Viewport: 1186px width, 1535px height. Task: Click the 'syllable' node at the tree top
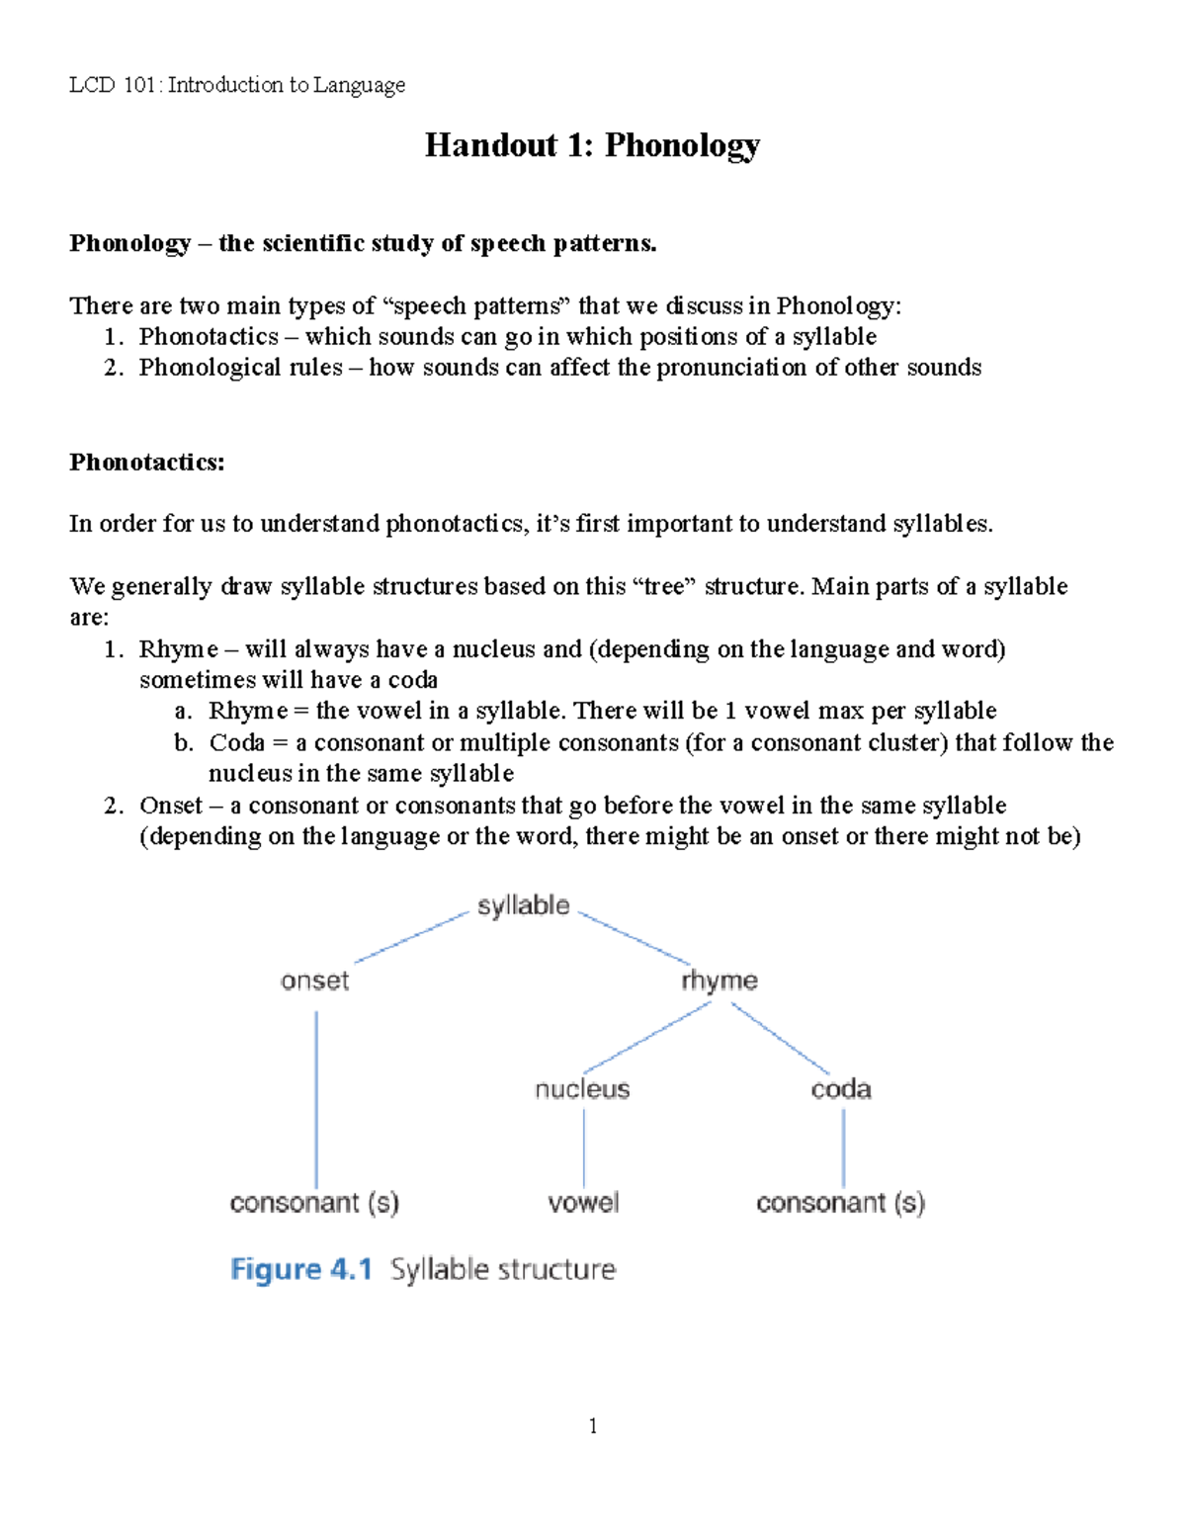tap(523, 905)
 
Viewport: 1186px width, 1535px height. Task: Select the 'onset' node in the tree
tap(314, 981)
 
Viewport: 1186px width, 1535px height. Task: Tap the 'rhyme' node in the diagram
tap(719, 981)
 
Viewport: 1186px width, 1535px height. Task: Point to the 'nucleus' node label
tap(582, 1089)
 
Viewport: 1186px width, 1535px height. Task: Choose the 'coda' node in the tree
tap(841, 1089)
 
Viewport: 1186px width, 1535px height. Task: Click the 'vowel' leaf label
tap(583, 1203)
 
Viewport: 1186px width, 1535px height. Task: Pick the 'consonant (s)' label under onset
tap(314, 1203)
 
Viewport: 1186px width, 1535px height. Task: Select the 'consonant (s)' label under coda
tap(840, 1203)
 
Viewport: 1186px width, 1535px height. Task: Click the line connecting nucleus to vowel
tap(584, 1147)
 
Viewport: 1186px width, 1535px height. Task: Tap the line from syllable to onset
tap(410, 937)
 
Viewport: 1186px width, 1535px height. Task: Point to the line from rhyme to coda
tap(781, 1038)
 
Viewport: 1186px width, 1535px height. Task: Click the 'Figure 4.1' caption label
tap(300, 1269)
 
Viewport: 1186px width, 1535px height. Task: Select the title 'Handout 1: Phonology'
tap(592, 145)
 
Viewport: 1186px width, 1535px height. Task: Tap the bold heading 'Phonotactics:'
tap(147, 463)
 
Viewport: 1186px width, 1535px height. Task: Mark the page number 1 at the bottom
tap(592, 1425)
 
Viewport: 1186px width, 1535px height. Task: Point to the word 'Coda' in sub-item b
tap(236, 742)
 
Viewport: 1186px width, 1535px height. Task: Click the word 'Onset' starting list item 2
tap(171, 806)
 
